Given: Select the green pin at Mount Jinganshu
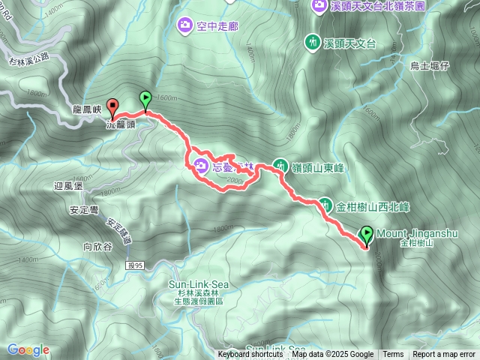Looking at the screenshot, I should [367, 235].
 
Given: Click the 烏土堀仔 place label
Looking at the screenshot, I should [429, 66].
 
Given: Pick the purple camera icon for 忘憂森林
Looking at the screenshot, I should [202, 165].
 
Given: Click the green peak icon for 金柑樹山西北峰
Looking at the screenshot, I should [325, 203].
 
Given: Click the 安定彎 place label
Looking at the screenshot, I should [83, 211].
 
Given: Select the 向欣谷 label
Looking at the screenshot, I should [97, 245].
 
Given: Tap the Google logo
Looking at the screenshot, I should [28, 350].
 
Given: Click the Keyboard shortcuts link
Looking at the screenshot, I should [250, 355].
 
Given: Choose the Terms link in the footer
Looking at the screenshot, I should [393, 355].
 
